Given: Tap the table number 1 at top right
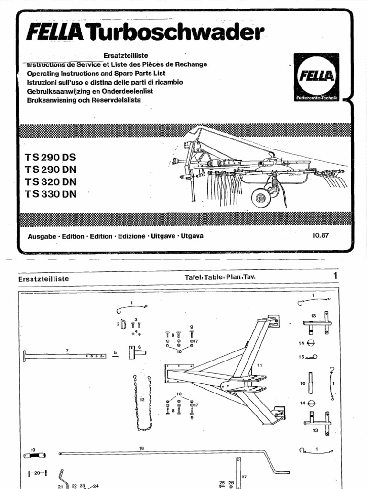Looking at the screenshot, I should (335, 276).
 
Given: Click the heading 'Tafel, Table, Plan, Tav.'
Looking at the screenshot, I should (217, 277).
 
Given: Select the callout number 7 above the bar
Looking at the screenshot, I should (68, 351).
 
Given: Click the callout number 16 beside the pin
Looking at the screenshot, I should (302, 383).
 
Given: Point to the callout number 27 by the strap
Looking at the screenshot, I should (244, 477).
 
